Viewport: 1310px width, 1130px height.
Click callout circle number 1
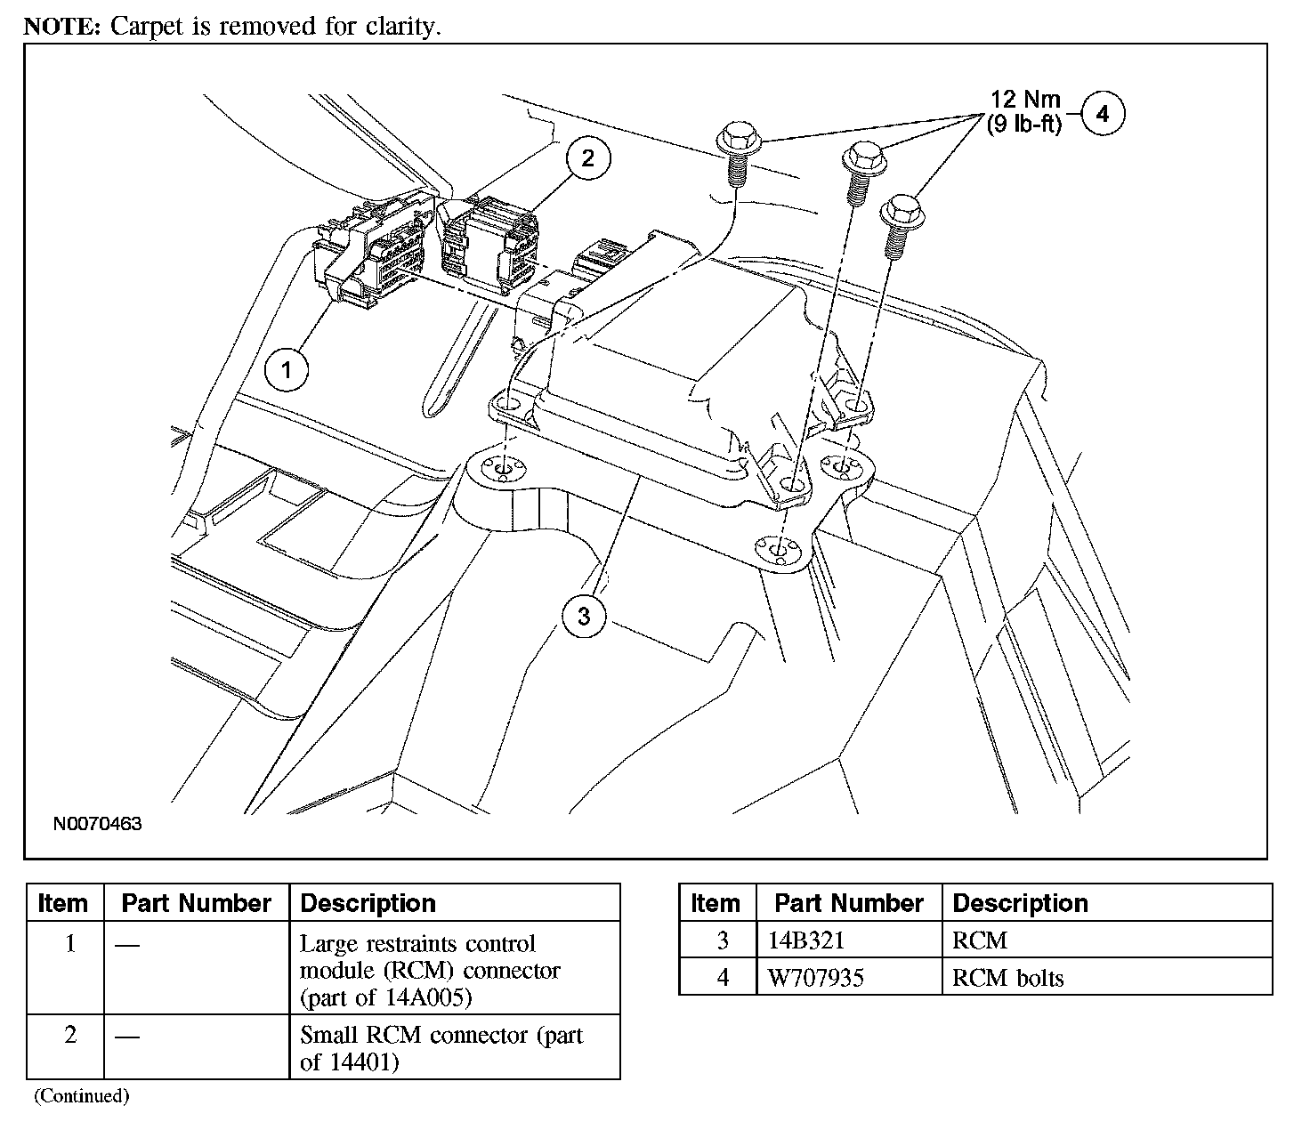(x=287, y=369)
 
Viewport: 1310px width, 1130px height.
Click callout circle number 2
(x=586, y=158)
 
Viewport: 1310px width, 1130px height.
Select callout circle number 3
(x=584, y=617)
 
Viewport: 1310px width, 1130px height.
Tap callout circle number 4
(x=1103, y=114)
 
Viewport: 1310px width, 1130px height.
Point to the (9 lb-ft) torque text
(x=1023, y=125)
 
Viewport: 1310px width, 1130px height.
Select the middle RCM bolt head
(x=861, y=157)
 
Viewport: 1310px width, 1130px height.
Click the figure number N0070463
(x=98, y=824)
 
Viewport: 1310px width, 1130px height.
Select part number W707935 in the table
(x=816, y=978)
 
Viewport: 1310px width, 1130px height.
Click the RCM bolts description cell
(x=1007, y=978)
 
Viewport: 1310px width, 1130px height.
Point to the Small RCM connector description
(x=441, y=1048)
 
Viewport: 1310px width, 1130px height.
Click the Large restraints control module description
(x=430, y=970)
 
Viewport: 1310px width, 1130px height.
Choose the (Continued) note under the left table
(x=81, y=1096)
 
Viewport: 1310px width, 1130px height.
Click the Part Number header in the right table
(x=849, y=903)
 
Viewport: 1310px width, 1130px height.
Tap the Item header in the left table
(x=63, y=903)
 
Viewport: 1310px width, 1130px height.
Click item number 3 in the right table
(x=723, y=940)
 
